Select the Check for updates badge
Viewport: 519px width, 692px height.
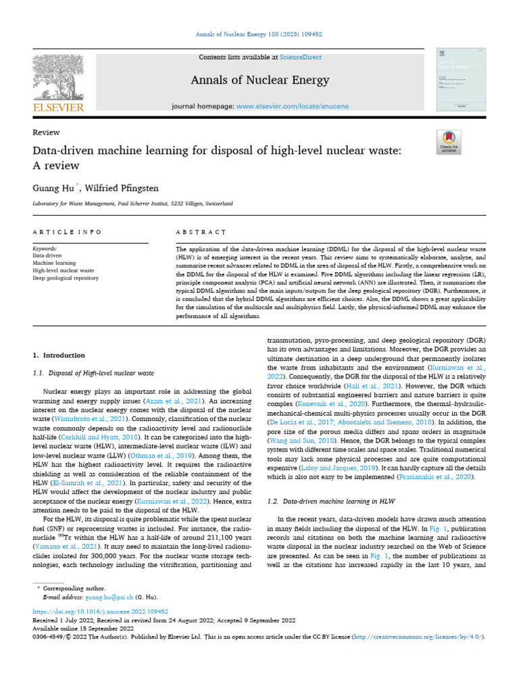point(449,142)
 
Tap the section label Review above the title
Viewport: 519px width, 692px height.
point(46,132)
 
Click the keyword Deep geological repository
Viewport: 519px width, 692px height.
point(65,278)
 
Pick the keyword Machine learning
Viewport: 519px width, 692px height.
point(54,263)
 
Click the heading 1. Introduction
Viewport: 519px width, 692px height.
point(59,355)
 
